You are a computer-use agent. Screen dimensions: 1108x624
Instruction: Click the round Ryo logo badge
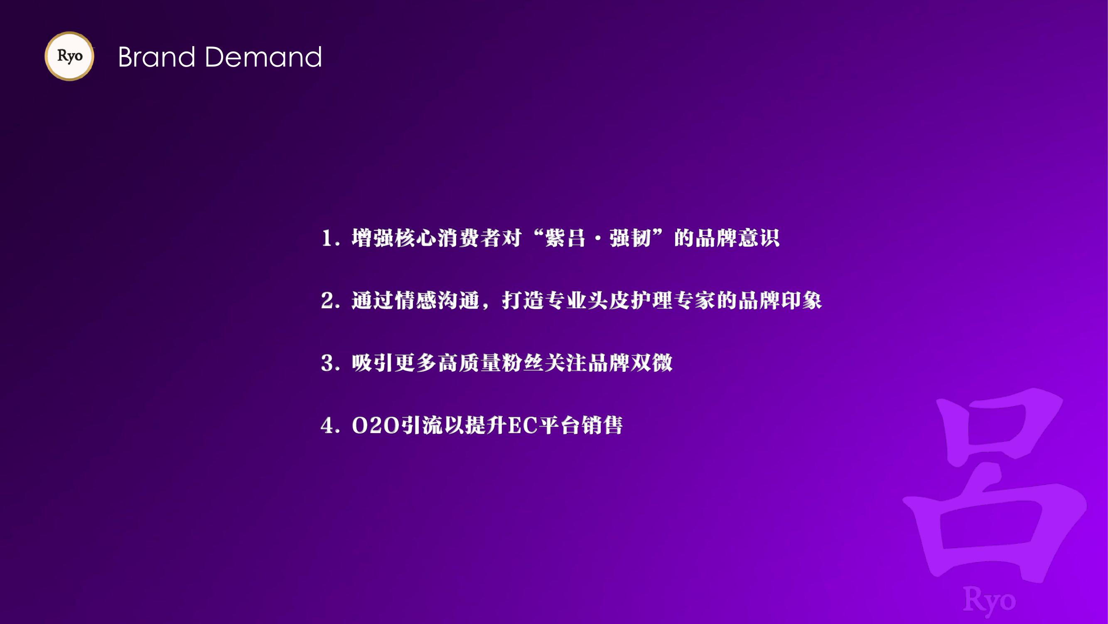69,56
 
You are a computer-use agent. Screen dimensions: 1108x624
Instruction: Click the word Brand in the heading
157,57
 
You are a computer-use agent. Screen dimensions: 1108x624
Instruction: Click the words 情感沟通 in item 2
415,301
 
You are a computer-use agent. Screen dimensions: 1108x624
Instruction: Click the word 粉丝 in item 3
523,363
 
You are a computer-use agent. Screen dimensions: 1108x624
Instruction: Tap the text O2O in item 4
376,426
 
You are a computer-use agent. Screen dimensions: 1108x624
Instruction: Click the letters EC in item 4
523,426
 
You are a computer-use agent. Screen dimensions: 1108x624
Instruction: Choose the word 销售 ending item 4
602,426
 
